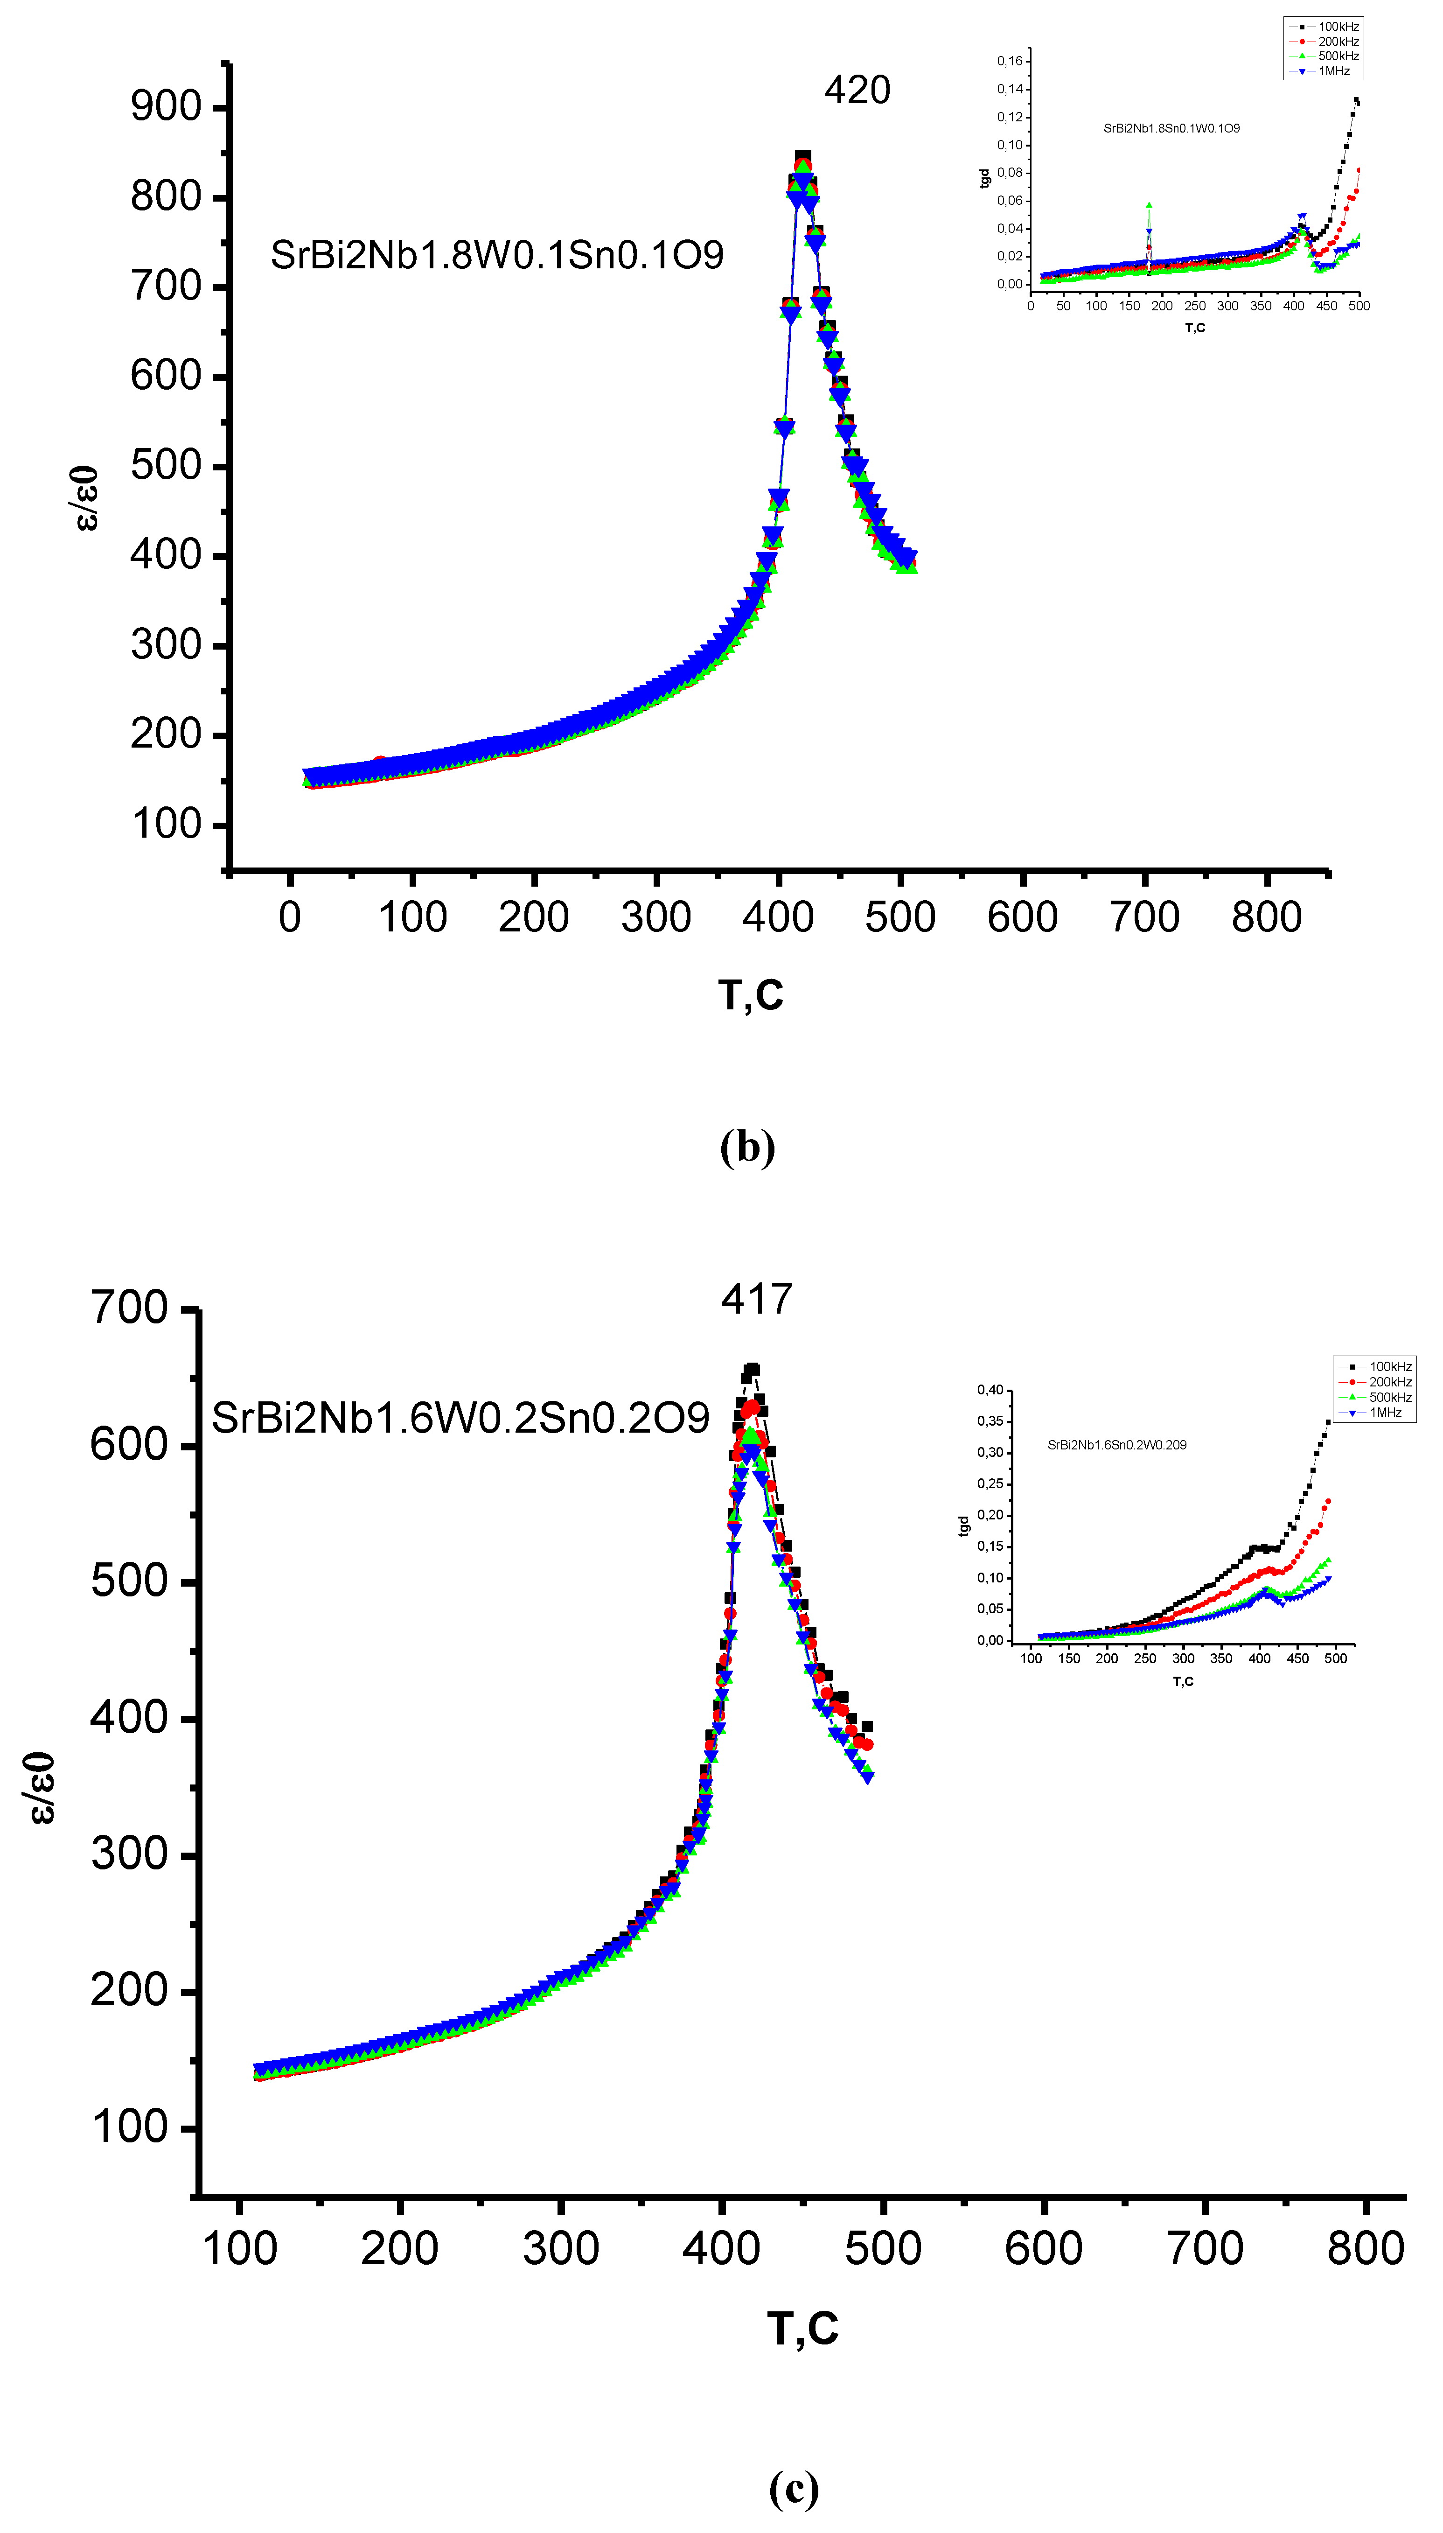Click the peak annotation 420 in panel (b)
(857, 90)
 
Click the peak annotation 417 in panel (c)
(756, 1299)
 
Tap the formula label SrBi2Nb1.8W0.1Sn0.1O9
(496, 256)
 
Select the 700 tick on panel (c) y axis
(129, 1308)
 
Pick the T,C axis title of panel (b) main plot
(750, 995)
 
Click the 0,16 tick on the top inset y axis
(1009, 62)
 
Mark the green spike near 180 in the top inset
(1149, 206)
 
